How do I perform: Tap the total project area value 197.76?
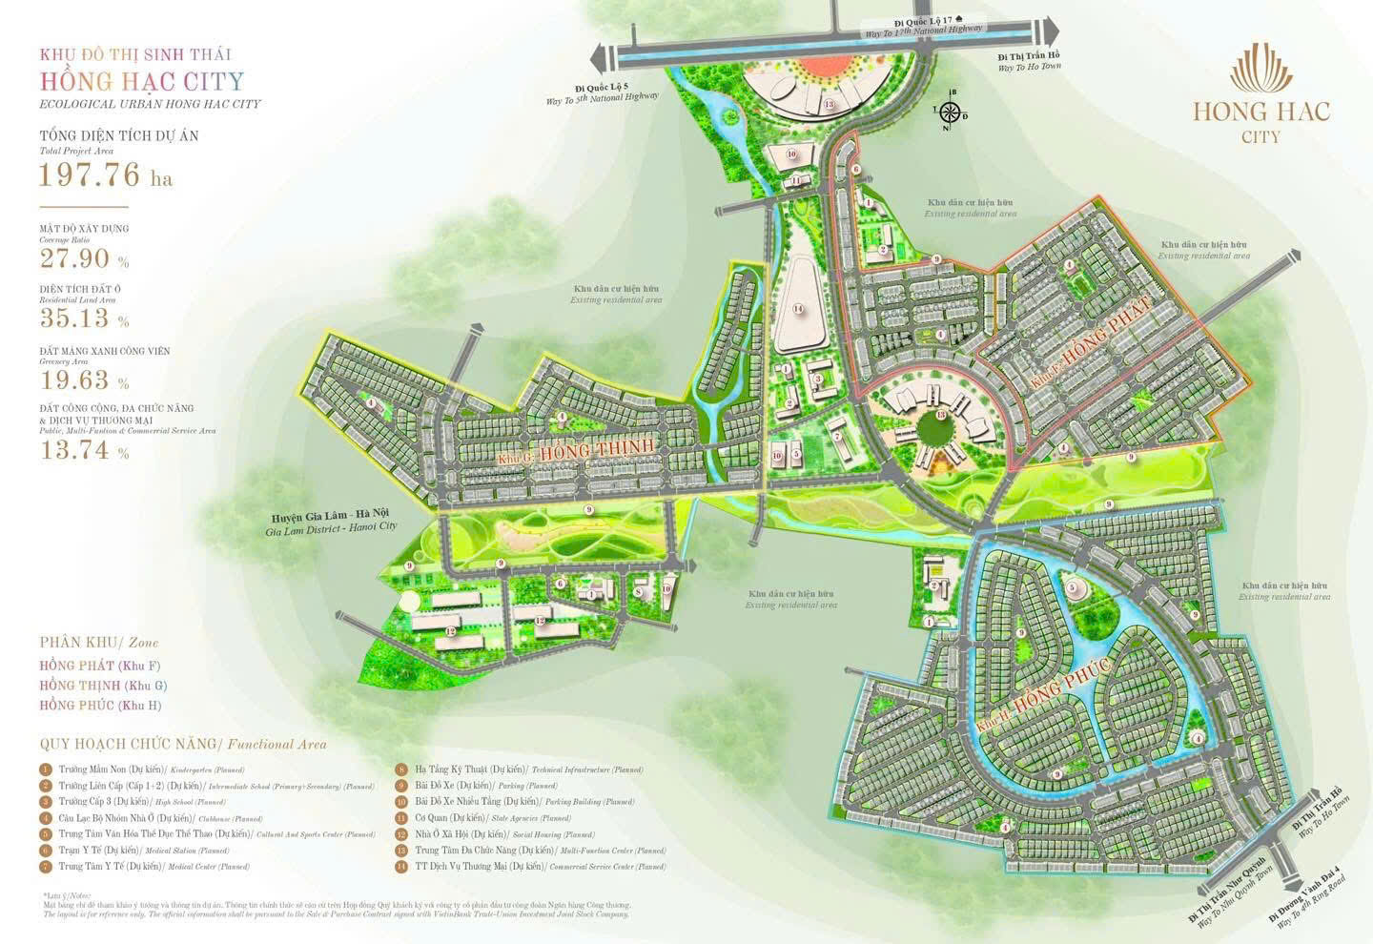pos(91,175)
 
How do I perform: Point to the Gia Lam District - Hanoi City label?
pos(331,520)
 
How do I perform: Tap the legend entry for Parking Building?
pos(515,802)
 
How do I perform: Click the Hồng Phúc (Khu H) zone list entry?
pos(100,706)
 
